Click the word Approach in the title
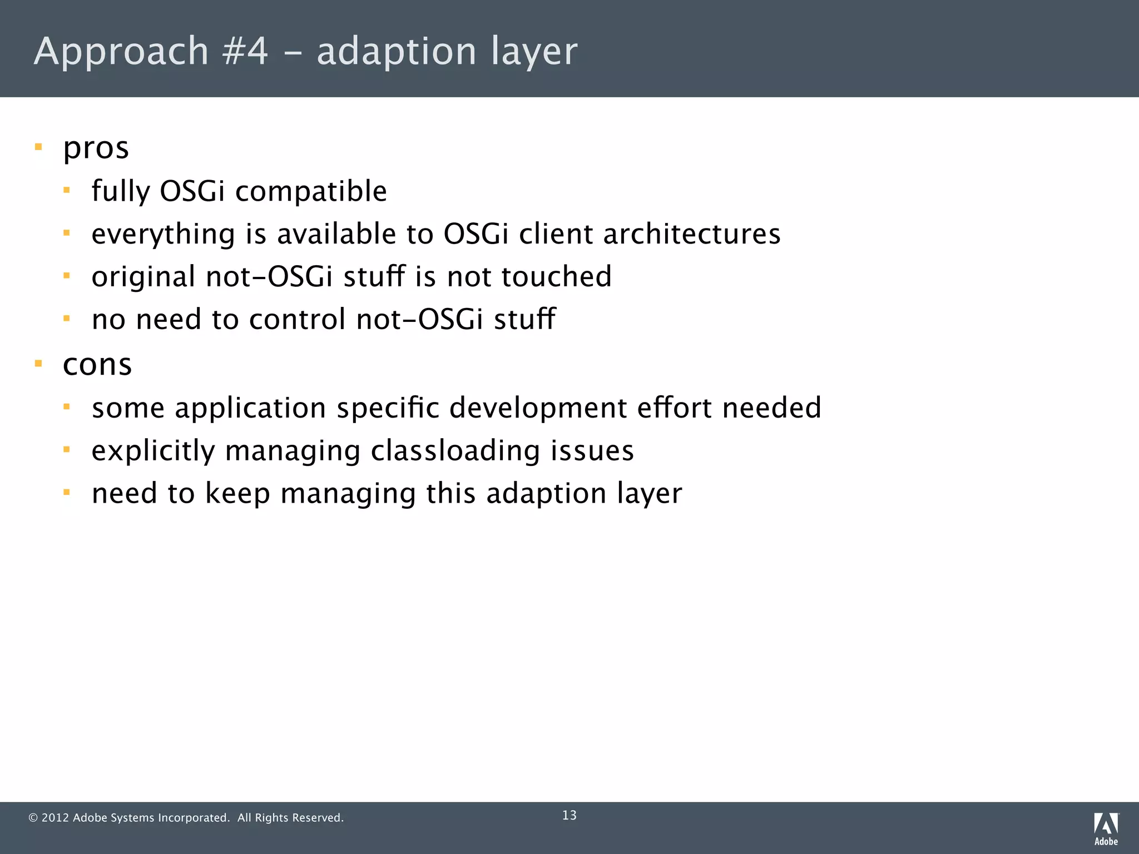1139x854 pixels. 121,51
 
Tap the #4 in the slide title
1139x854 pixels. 245,51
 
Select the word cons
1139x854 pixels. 97,365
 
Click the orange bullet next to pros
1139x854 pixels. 38,147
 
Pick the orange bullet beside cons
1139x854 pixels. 38,364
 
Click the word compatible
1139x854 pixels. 311,192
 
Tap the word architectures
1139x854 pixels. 691,234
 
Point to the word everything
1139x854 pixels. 163,235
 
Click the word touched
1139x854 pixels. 556,276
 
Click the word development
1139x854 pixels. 538,409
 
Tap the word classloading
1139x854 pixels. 455,450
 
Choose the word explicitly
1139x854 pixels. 153,451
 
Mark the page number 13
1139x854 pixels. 569,815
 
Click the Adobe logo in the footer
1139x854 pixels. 1106,828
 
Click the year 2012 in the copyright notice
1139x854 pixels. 55,818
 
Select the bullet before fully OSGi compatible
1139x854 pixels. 67,191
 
